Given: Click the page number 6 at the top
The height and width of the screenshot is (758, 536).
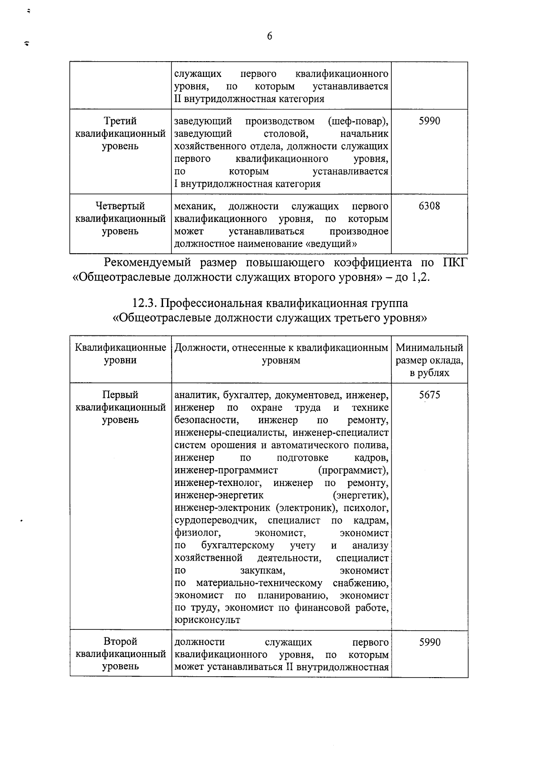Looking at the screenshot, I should click(x=269, y=37).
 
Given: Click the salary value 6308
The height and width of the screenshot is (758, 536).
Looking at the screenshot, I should click(x=429, y=206).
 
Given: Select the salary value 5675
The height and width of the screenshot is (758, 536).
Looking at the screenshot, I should click(x=429, y=395).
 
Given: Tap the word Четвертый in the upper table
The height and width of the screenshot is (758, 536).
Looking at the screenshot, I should click(x=120, y=206).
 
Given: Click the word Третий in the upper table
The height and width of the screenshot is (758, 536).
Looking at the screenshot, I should click(x=120, y=121).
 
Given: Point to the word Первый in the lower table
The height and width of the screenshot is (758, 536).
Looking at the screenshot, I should click(x=120, y=395).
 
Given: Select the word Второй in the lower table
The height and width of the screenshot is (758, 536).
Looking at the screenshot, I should click(x=120, y=641).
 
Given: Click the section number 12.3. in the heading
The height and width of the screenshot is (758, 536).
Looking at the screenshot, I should click(x=144, y=303).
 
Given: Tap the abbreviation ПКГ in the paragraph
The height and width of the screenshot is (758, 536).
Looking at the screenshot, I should click(x=454, y=262).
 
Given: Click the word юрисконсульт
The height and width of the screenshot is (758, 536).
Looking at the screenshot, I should click(x=207, y=620).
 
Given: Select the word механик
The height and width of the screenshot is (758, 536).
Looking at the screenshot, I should click(x=194, y=206).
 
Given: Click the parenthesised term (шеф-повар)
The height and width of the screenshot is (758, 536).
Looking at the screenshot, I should click(x=358, y=121).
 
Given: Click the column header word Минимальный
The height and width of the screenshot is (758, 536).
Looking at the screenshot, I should click(x=429, y=348).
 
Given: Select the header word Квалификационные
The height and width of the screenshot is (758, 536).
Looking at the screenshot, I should click(x=121, y=348).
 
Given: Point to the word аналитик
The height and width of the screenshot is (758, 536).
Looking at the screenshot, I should click(x=196, y=395).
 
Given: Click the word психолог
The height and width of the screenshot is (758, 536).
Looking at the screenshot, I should click(x=368, y=508).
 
